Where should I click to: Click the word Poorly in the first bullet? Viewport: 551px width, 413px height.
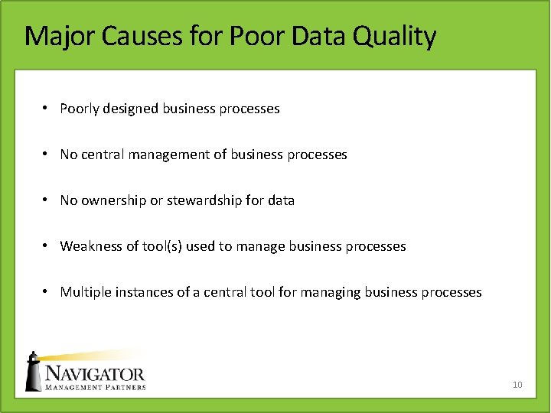click(80, 109)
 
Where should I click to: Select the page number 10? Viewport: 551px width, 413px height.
click(517, 384)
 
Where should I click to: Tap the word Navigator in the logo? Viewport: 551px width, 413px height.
click(94, 374)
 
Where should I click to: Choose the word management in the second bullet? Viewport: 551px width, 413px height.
click(168, 155)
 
